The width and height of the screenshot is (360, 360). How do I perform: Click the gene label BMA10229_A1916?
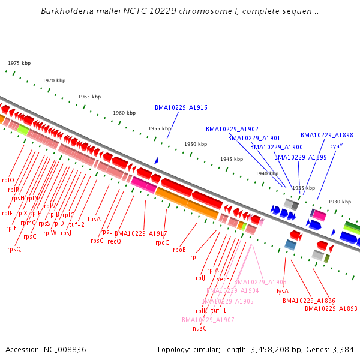[181, 108]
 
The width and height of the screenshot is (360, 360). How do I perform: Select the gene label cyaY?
[337, 146]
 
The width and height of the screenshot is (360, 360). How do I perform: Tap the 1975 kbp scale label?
[19, 63]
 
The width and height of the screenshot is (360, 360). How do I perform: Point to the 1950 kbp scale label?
[196, 144]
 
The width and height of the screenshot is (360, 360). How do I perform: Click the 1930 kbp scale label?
[339, 202]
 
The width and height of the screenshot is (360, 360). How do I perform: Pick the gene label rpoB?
[179, 250]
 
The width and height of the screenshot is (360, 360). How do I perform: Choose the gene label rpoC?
[162, 242]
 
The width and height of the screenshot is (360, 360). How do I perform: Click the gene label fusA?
[94, 219]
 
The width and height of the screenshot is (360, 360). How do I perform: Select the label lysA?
[283, 291]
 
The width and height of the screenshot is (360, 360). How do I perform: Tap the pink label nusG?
[200, 328]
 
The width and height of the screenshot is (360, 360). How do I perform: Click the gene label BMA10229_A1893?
[331, 308]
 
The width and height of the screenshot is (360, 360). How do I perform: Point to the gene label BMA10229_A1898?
[326, 135]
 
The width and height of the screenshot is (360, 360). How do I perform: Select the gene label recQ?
[115, 241]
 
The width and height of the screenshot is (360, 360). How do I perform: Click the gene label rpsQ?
[14, 249]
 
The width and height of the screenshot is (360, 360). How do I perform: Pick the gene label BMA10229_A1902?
[232, 129]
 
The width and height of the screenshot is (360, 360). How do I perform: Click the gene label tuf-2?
[76, 224]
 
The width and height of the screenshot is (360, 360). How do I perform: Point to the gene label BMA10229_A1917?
[140, 233]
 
